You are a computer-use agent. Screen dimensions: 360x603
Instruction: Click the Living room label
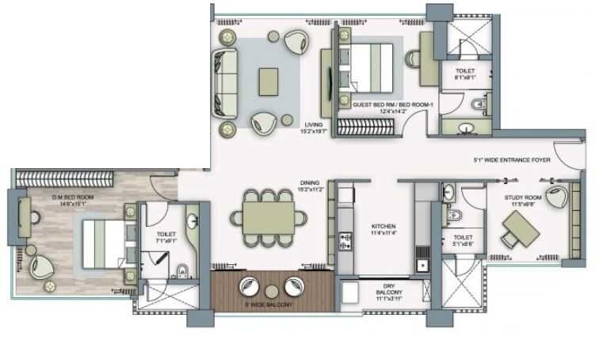(314, 128)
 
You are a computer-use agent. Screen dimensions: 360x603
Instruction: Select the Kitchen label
(383, 229)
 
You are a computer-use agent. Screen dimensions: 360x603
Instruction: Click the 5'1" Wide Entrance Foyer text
(511, 159)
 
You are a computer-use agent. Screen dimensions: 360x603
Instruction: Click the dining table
(268, 215)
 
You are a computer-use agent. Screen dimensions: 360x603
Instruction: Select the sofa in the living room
(225, 82)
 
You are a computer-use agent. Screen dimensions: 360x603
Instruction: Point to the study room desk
(520, 231)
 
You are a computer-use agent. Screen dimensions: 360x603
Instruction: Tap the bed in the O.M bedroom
(101, 242)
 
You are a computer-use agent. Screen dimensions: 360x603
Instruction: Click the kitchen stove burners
(345, 239)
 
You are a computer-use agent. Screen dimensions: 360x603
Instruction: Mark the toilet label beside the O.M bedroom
(166, 237)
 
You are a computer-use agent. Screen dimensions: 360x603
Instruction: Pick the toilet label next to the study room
(463, 240)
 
